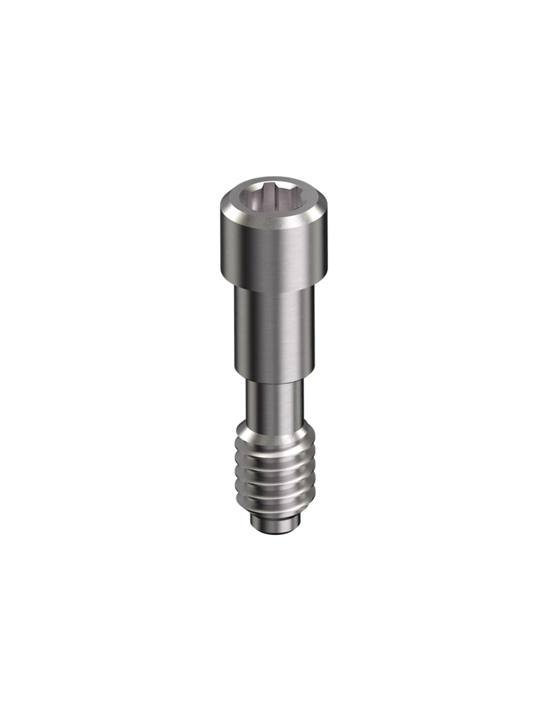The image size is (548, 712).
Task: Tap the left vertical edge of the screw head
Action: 221,249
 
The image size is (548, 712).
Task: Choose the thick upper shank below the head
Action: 273,334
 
